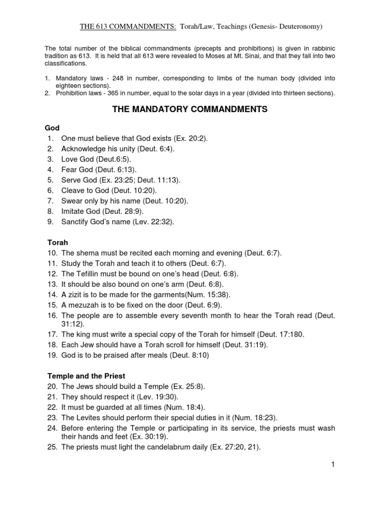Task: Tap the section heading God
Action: [52, 128]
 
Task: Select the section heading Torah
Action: [57, 243]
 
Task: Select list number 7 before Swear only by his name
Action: [50, 201]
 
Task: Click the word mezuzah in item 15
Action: [85, 305]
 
